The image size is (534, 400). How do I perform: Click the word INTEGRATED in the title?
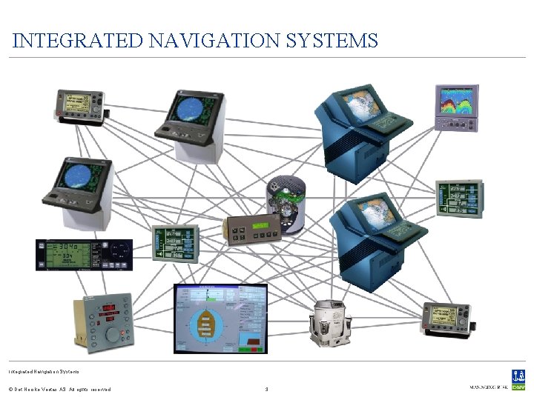pos(77,40)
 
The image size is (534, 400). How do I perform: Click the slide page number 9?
pos(266,388)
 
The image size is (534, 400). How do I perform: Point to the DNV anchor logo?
pos(518,377)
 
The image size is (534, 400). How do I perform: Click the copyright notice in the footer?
pos(59,389)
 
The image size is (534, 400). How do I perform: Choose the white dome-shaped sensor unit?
pos(330,323)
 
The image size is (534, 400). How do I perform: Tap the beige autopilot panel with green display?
pos(252,230)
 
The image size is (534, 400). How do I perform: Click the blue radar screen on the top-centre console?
pos(190,107)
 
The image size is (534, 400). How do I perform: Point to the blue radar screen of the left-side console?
pos(78,176)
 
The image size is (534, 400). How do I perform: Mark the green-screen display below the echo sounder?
pos(460,197)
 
